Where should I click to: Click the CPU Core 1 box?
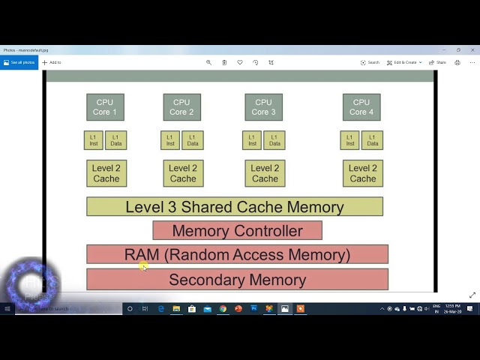105,107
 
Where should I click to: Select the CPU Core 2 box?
181,107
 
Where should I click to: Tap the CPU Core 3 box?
263,107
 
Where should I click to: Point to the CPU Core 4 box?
361,107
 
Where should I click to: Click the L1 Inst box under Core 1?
94,140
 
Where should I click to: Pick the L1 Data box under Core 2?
193,140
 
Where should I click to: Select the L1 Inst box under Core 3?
252,140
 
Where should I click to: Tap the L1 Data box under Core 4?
373,140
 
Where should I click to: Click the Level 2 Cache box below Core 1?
106,173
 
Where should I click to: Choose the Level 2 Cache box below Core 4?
363,173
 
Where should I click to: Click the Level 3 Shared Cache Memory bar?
235,207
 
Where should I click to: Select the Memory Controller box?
237,231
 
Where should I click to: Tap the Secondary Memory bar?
237,280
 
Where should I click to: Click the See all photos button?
19,62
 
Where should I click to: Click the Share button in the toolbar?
439,62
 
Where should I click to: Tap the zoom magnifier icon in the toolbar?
208,62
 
